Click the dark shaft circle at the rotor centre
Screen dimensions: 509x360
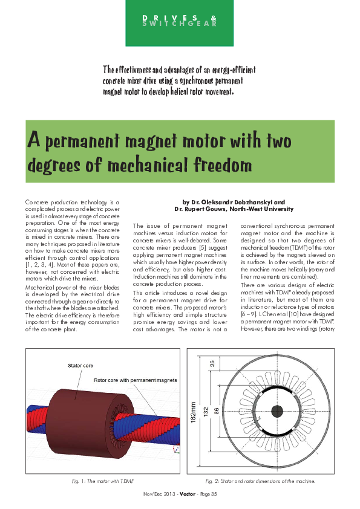point(277,412)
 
